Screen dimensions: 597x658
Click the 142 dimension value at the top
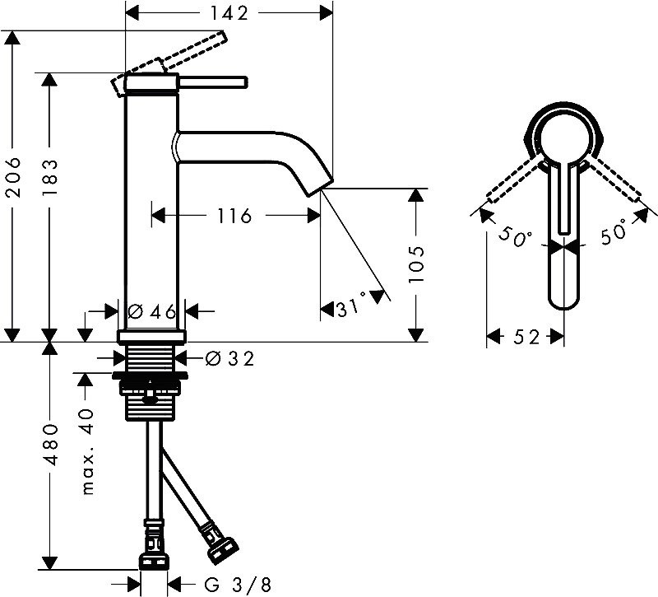tap(228, 12)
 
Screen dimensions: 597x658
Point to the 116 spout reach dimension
tap(234, 216)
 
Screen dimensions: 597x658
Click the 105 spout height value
tap(418, 264)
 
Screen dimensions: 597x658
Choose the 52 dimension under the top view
tap(526, 337)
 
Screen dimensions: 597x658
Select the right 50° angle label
tap(614, 234)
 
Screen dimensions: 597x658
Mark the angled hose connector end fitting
tap(223, 546)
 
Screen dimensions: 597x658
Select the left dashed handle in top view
tap(514, 181)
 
